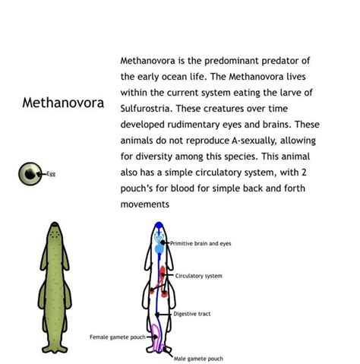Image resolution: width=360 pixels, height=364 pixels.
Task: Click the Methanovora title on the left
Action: tap(62, 103)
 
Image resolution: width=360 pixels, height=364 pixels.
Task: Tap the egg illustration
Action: tap(29, 174)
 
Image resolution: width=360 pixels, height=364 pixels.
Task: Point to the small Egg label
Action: tap(51, 174)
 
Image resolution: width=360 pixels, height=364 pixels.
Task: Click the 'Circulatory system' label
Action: tap(199, 276)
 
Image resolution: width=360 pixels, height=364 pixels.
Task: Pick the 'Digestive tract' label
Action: tap(192, 313)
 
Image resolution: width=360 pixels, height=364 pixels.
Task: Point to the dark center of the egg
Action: tap(29, 174)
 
